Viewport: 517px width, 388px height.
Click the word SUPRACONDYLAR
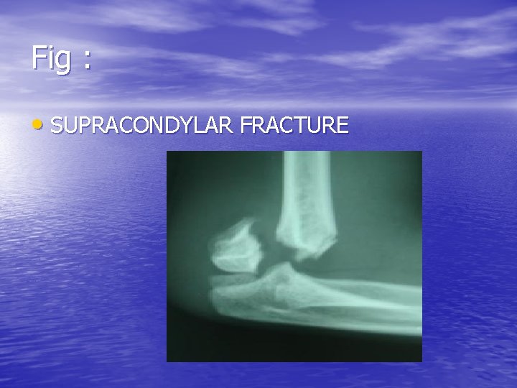pyautogui.click(x=143, y=126)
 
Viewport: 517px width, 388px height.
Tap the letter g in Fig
pyautogui.click(x=63, y=61)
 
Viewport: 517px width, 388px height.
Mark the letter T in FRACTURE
pyautogui.click(x=299, y=126)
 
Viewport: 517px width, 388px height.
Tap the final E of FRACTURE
pyautogui.click(x=343, y=126)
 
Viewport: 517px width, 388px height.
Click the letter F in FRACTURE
pyautogui.click(x=247, y=126)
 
